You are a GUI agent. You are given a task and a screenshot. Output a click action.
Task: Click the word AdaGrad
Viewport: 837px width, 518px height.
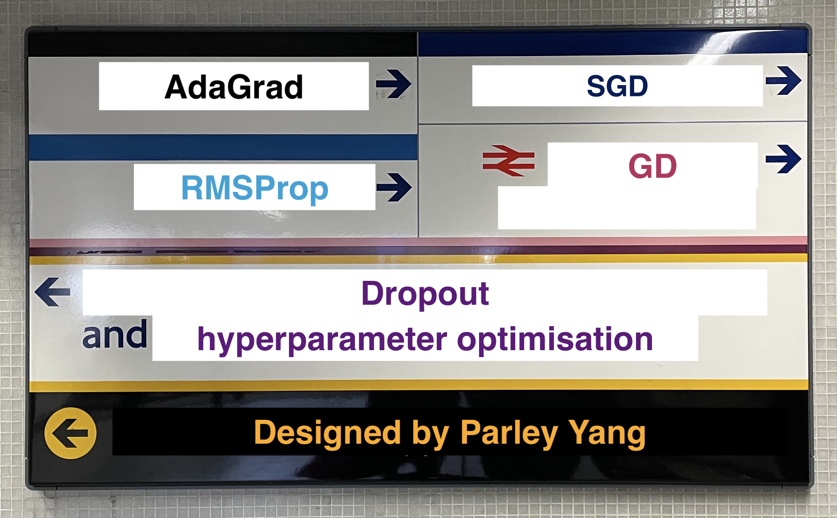[x=234, y=87]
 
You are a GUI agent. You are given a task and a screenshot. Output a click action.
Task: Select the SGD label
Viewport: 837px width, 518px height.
[x=617, y=86]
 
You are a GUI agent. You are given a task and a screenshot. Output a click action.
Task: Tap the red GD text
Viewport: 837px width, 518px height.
[x=653, y=166]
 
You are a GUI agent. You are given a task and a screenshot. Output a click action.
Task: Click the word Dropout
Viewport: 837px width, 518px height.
[x=425, y=294]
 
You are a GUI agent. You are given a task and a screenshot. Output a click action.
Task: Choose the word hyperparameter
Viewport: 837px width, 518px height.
[x=322, y=340]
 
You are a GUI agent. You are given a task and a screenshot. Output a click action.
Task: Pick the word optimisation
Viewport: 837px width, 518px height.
[x=555, y=340]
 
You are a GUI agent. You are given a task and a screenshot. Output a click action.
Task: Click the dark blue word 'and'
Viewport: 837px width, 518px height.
[x=115, y=334]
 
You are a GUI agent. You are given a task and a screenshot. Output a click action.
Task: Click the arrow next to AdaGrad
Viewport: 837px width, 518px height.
[x=394, y=84]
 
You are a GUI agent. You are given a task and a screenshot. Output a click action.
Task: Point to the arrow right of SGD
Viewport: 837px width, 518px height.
[x=784, y=80]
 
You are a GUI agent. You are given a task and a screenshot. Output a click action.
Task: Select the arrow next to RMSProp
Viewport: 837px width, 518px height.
[x=394, y=187]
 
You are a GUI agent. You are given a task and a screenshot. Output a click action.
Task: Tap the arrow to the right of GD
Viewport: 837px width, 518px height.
[x=784, y=159]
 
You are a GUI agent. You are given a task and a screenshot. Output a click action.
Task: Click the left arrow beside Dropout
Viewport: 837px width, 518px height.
[x=52, y=292]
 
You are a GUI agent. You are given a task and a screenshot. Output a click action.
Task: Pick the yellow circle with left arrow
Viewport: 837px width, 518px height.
[x=71, y=433]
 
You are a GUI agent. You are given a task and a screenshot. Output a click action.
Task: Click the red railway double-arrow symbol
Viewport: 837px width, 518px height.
[x=508, y=161]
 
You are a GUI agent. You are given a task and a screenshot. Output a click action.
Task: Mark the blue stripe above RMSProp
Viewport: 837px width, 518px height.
[x=223, y=147]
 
